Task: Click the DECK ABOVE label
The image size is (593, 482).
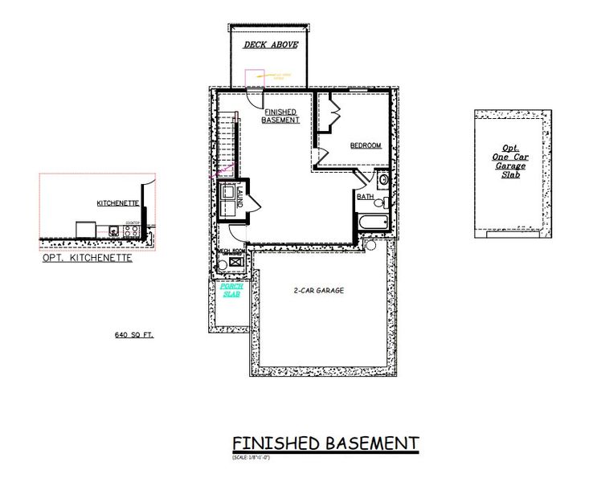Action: (x=270, y=45)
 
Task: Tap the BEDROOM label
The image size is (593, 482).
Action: (x=365, y=145)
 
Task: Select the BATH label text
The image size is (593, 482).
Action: (x=365, y=197)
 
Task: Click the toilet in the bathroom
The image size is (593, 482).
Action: (x=385, y=202)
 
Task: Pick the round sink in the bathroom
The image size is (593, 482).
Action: (x=382, y=180)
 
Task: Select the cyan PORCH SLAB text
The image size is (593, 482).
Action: (x=231, y=290)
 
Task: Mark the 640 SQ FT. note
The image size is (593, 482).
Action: (x=133, y=333)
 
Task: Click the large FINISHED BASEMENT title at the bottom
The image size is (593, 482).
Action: (x=325, y=443)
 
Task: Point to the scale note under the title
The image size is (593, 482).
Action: (x=250, y=457)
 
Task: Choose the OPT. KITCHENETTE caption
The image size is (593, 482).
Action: (x=87, y=259)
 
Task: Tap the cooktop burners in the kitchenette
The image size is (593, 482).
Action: (x=133, y=231)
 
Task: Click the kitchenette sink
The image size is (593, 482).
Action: (x=114, y=231)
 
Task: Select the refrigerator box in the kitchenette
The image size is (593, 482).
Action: (x=86, y=230)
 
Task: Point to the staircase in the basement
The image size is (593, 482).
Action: (x=227, y=145)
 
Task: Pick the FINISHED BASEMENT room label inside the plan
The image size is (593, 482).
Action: (x=280, y=116)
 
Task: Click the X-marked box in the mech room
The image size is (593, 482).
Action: (x=236, y=262)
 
